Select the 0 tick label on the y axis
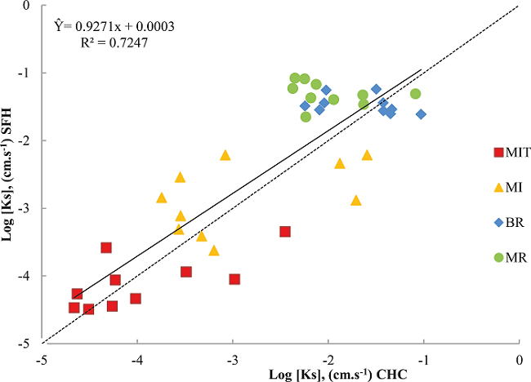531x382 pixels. tap(28, 5)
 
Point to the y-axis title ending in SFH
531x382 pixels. tap(9, 174)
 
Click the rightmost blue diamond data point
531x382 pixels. tap(422, 114)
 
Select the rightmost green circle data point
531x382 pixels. tap(415, 94)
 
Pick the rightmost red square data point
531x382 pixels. tap(285, 232)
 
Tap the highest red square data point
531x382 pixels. tap(106, 247)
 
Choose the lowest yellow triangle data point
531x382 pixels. tap(214, 251)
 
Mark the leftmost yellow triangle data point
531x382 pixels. tap(162, 198)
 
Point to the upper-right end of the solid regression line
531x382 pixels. tap(422, 70)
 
